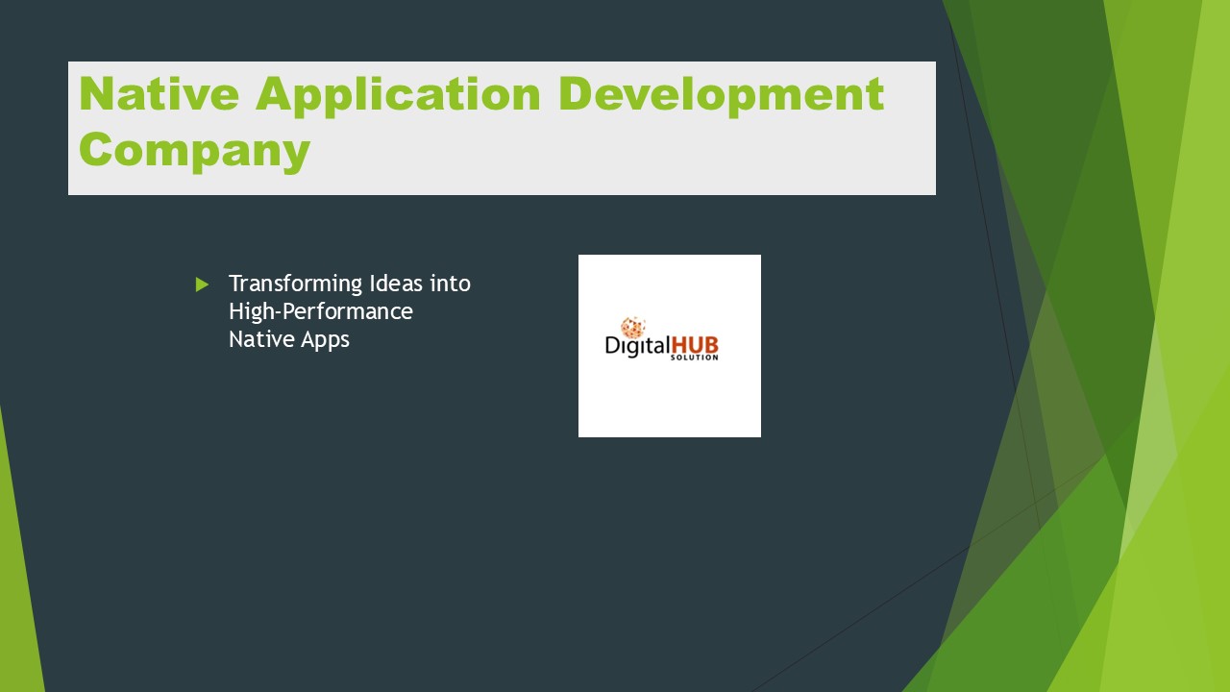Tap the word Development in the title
pos(721,94)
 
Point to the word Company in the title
pos(194,150)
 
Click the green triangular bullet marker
pos(202,284)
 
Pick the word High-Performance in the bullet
pos(321,312)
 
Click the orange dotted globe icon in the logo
pos(632,328)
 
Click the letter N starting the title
pos(97,94)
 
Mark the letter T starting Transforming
pos(234,284)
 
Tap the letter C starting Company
pos(97,150)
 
